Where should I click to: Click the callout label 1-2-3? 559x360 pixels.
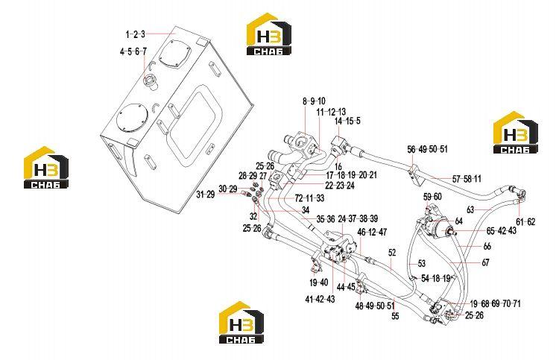coord(136,34)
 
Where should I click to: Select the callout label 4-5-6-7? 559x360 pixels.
coord(133,51)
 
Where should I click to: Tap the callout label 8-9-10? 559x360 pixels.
coord(314,101)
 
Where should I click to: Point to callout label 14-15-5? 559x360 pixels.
coord(347,121)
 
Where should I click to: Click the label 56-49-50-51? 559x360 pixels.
coord(428,149)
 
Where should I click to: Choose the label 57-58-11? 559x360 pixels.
coord(467,179)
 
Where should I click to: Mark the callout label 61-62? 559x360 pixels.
coord(526,221)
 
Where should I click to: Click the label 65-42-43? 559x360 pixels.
coord(502,230)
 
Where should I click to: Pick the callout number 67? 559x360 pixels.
coord(485,262)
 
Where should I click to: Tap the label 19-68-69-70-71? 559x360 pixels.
coord(495,303)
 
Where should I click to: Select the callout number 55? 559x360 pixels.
coord(395,316)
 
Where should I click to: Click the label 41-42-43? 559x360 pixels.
coord(320,300)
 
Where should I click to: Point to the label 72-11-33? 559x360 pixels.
coord(309,198)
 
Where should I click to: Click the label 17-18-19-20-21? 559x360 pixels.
coord(352,175)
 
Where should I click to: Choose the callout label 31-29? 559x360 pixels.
coord(206,195)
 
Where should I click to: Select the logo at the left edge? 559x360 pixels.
coord(46,167)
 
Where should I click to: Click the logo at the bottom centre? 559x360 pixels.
coord(241,323)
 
